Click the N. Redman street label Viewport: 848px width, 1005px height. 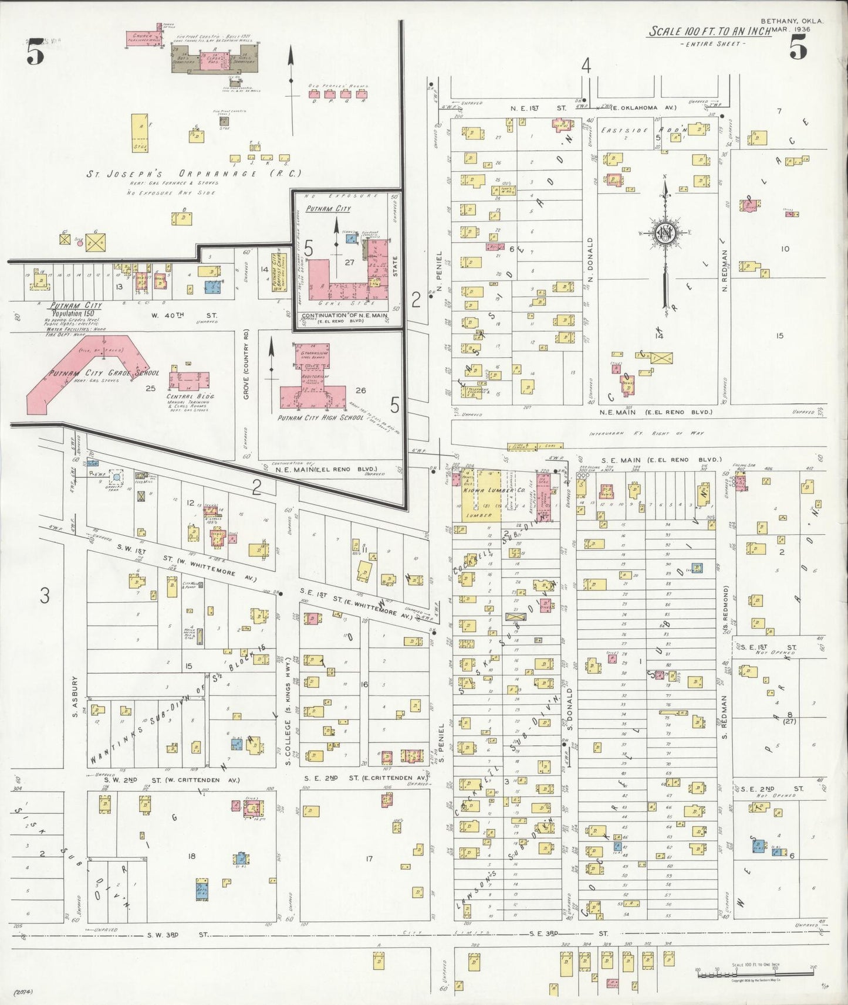[725, 271]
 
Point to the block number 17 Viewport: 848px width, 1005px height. [369, 859]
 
